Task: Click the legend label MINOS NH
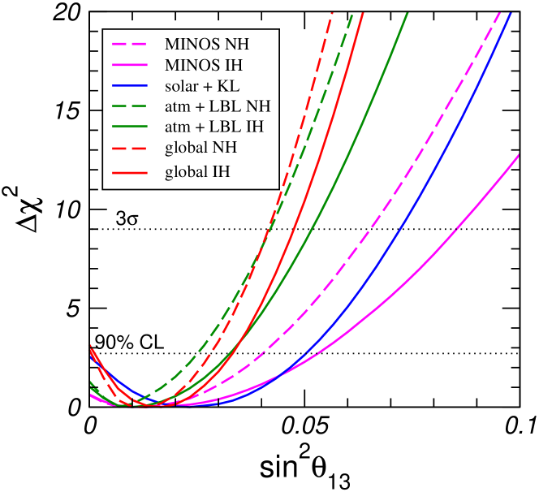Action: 207,43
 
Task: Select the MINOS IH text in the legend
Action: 204,64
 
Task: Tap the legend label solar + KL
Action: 201,85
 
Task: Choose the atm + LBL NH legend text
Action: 218,106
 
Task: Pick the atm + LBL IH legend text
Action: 214,127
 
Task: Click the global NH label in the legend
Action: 201,149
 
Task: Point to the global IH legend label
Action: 197,171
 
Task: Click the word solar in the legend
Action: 180,85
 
